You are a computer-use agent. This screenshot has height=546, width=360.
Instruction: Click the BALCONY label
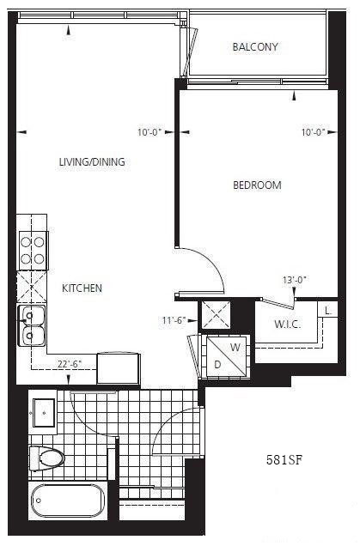255,46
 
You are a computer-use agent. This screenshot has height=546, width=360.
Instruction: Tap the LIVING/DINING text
92,162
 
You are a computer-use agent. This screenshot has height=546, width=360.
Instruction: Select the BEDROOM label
257,185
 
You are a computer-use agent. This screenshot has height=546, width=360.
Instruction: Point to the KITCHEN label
82,288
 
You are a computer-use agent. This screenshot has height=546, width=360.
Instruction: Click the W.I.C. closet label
288,325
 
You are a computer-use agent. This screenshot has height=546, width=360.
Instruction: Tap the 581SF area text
284,460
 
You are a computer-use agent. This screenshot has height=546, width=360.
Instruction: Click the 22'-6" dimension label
70,364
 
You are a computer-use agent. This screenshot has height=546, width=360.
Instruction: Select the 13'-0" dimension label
295,280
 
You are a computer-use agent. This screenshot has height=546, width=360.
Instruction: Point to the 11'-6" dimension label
174,320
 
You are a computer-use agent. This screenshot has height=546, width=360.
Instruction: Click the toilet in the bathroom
46,458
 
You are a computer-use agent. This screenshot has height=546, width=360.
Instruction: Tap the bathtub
68,500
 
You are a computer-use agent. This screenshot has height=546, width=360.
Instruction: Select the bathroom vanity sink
44,413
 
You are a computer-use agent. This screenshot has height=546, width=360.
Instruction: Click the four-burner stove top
33,251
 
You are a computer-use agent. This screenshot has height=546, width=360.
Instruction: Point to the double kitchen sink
32,325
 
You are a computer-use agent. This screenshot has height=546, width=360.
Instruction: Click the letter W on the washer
235,347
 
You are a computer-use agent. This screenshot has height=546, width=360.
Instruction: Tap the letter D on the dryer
217,365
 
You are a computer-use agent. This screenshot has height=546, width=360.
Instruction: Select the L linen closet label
327,310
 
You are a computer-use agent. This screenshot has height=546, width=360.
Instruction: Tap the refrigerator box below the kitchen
119,368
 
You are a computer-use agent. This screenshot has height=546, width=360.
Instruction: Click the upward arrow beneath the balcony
295,96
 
